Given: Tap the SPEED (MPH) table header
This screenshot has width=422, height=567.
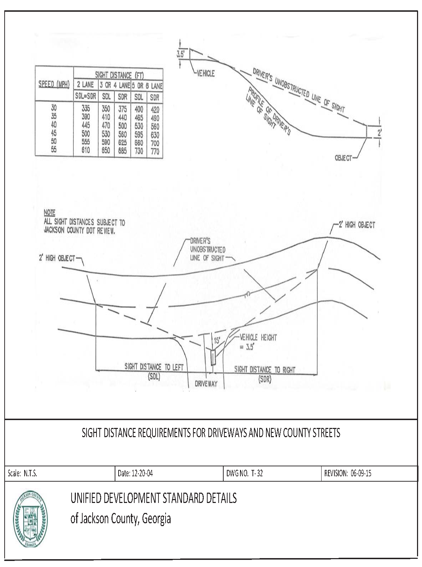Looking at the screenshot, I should point(54,85).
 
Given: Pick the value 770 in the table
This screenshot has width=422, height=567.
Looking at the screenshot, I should point(155,151).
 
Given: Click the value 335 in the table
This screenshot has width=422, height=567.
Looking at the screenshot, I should point(86,109).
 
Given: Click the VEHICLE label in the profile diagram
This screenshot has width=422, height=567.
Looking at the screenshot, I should point(206,74).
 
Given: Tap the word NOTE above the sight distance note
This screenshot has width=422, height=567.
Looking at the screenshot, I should point(49,212).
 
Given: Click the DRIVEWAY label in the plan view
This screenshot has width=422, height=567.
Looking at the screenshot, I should point(206,384).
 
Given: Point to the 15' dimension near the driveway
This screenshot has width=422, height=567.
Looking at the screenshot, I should point(216,340).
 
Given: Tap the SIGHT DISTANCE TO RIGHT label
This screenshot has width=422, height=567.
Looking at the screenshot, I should point(265,372).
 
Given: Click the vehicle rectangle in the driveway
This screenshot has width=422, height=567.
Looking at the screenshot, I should point(213,357).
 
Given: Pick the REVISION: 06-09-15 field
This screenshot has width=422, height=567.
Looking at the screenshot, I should point(348,473).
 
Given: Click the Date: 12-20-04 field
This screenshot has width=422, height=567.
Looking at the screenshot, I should point(135,473).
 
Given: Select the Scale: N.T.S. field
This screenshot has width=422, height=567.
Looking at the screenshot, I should point(22,473).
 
